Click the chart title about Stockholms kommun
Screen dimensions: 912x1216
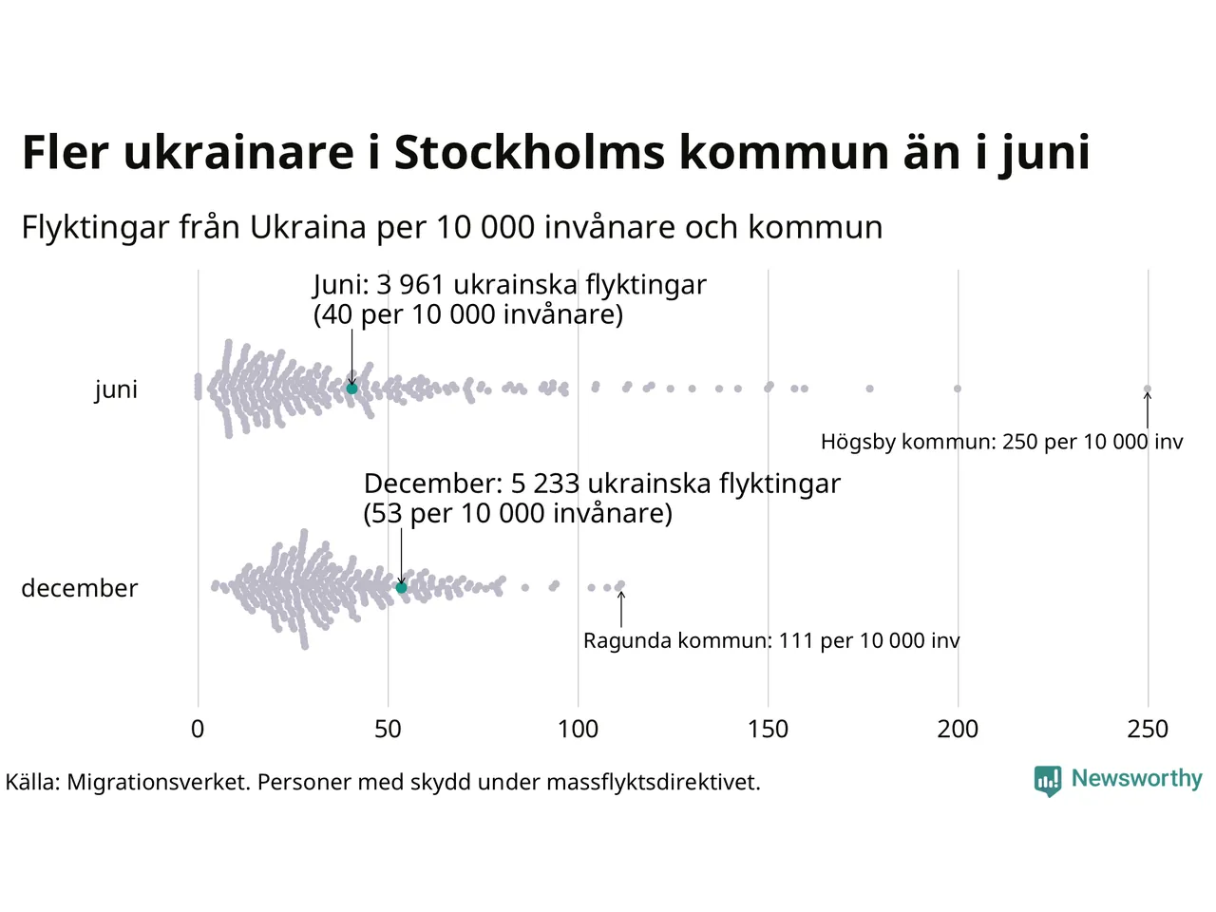tap(556, 152)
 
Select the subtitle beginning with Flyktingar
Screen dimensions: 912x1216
tap(452, 227)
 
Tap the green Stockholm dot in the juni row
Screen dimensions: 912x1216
tap(351, 389)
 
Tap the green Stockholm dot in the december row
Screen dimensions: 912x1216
tap(401, 588)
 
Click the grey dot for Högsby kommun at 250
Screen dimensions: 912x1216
tap(1147, 389)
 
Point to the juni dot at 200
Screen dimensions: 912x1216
tap(958, 389)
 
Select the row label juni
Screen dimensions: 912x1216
tap(116, 389)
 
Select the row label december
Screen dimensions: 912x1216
tap(80, 588)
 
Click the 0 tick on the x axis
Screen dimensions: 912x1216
tap(198, 729)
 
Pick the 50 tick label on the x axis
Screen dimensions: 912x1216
tap(388, 729)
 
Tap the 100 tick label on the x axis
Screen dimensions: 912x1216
tap(578, 729)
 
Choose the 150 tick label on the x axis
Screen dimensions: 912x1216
tap(768, 729)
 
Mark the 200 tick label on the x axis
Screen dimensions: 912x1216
tap(958, 729)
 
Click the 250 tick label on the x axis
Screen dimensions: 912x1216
tap(1148, 729)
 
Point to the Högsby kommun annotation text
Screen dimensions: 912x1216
tap(1001, 442)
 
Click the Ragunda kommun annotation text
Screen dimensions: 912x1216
tap(771, 640)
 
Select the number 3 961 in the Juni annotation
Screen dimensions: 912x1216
tap(410, 285)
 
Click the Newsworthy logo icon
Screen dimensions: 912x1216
tap(1048, 781)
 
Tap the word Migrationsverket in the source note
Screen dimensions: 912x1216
tap(158, 783)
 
